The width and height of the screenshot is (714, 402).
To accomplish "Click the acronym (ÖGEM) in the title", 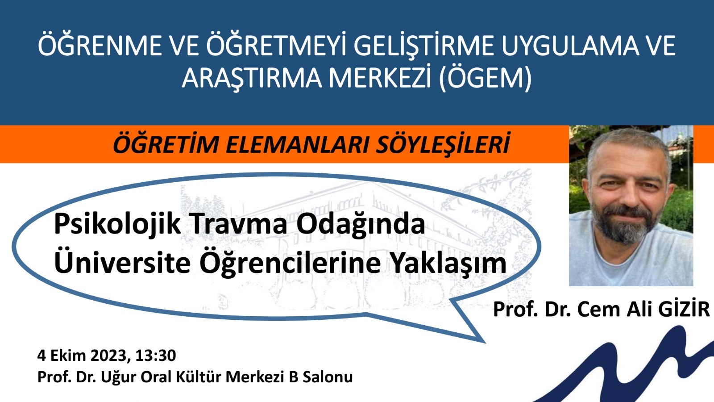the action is click(485, 78).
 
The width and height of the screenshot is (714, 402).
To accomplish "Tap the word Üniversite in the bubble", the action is click(122, 263).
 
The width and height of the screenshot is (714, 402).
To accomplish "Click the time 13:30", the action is click(156, 356).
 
